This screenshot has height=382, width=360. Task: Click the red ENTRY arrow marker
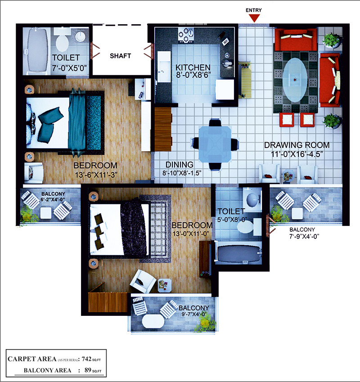[x=254, y=18]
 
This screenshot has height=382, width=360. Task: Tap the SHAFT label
[x=120, y=56]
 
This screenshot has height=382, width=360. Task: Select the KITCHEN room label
[x=193, y=67]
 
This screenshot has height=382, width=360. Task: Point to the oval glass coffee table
[x=295, y=80]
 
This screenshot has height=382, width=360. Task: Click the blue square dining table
[x=215, y=144]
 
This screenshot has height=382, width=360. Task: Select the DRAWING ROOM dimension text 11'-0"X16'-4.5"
[x=297, y=154]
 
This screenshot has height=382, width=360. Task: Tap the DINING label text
[x=180, y=164]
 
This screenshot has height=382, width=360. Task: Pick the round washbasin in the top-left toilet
[x=81, y=36]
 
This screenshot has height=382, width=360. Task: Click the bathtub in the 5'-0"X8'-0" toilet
[x=238, y=253]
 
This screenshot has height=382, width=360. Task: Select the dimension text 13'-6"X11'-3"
[x=96, y=175]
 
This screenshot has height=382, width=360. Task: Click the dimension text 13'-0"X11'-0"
[x=191, y=234]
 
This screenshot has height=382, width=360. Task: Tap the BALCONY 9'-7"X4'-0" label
[x=194, y=311]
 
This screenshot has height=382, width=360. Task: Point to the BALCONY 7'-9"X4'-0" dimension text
[x=305, y=236]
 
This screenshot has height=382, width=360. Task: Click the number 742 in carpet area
[x=86, y=359]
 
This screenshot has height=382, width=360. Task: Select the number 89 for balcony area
[x=88, y=370]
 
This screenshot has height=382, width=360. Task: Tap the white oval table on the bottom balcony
[x=153, y=322]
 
